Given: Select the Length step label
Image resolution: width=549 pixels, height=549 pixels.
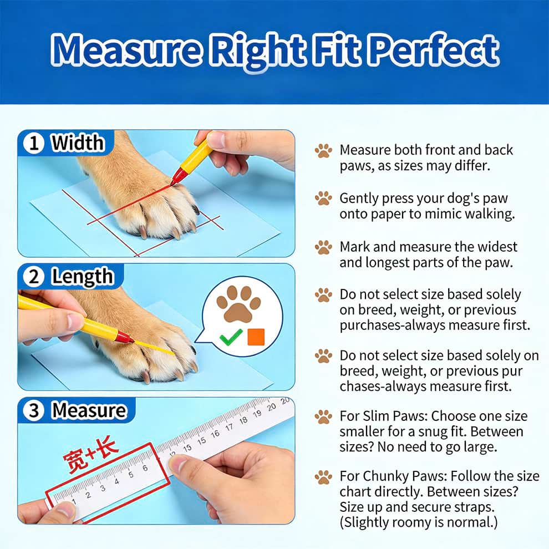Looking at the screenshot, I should pos(82,277).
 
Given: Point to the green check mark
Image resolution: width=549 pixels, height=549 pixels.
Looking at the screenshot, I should pos(231,336).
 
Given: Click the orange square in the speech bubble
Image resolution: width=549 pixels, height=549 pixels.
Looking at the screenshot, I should pos(256,336).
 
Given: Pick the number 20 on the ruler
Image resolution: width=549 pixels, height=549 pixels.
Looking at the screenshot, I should pos(284,400).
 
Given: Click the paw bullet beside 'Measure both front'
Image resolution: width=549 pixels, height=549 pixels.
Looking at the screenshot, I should pos(323,150).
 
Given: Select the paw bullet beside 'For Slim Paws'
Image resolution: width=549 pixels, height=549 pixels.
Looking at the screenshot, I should pos(323,416).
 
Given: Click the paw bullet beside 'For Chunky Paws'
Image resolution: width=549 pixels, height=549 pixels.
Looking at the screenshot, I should pos(323,476).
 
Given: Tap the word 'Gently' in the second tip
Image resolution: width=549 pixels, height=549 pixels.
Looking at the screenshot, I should pos(360,199).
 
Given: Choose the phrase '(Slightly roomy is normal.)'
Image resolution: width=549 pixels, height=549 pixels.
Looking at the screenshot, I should pos(418,522).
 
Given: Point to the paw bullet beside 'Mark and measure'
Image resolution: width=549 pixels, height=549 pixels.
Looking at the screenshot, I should pos(323,247).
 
